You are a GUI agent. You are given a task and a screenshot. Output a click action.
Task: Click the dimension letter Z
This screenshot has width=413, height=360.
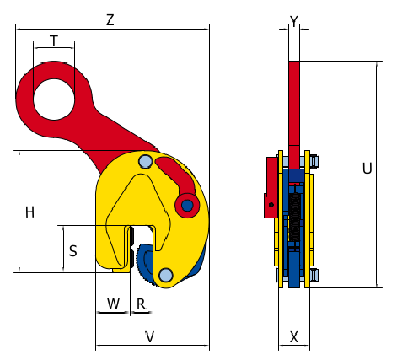tap(110, 20)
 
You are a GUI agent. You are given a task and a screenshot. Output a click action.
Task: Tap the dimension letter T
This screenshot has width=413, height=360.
tap(54, 40)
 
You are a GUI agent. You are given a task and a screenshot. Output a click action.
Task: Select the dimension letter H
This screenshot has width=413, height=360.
tap(29, 212)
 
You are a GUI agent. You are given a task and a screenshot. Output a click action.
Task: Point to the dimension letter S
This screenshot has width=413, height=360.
tap(73, 251)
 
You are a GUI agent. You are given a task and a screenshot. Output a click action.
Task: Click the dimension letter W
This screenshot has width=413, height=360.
tap(114, 304)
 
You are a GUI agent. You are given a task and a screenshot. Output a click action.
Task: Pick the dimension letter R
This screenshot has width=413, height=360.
tap(141, 304)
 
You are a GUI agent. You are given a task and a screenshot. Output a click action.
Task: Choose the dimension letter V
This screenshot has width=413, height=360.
tap(150, 337)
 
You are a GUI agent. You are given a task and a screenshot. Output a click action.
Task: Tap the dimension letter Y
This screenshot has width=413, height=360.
tap(294, 21)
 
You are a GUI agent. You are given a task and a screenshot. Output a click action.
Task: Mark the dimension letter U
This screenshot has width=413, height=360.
tap(367, 169)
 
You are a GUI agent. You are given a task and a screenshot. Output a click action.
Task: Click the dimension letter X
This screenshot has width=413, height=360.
tap(294, 337)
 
